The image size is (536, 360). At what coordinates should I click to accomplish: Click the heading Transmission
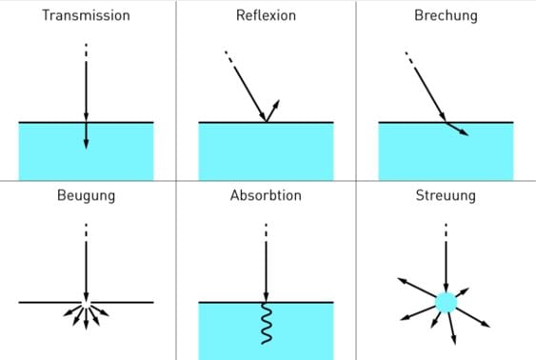click(x=86, y=16)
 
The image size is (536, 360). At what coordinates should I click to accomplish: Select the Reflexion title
click(x=266, y=16)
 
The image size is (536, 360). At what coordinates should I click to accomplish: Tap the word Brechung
click(x=446, y=16)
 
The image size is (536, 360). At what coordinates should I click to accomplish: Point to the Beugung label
click(x=86, y=196)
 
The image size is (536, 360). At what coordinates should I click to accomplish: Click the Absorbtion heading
click(x=266, y=196)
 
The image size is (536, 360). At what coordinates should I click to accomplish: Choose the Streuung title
click(x=446, y=196)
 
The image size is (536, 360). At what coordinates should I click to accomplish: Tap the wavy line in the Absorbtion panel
click(x=267, y=325)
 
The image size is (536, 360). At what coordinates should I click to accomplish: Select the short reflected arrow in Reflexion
click(x=273, y=110)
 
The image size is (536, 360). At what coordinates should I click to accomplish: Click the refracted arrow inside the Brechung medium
click(x=458, y=130)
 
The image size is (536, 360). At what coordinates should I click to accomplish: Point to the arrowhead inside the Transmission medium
click(x=86, y=143)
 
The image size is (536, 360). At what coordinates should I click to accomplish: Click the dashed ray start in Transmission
click(x=86, y=50)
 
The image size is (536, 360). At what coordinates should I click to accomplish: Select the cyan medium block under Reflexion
click(x=266, y=152)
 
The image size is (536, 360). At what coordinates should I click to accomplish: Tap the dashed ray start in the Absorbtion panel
click(x=266, y=230)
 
